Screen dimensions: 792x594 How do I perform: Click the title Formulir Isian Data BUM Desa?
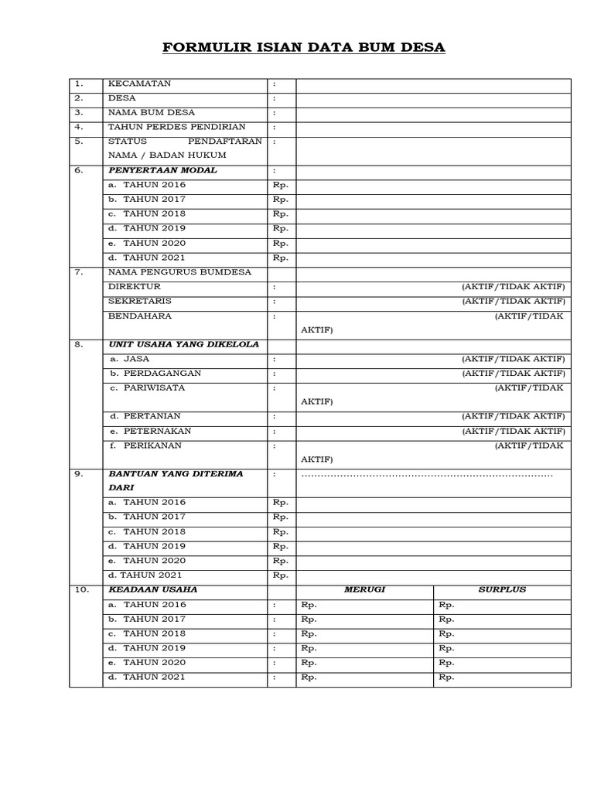click(303, 48)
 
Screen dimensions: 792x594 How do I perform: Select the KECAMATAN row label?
click(140, 84)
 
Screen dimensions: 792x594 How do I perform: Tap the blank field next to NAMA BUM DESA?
click(433, 113)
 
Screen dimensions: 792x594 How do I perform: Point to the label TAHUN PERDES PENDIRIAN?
click(177, 127)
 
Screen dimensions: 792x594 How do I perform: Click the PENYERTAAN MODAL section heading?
click(163, 170)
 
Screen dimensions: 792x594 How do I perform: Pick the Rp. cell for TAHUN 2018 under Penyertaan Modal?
click(281, 214)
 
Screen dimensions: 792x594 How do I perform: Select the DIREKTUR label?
click(135, 286)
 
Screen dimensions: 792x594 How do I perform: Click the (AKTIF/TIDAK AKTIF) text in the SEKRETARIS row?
click(514, 301)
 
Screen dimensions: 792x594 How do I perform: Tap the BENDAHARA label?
click(140, 316)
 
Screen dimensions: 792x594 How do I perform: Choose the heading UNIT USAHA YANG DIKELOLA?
click(184, 344)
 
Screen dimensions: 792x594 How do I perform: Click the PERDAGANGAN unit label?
click(155, 373)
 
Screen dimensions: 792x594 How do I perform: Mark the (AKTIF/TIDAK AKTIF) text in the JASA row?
click(514, 359)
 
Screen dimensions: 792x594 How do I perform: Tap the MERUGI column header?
click(364, 589)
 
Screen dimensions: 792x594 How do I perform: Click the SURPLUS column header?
click(502, 589)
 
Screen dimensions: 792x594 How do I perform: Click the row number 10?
click(82, 589)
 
